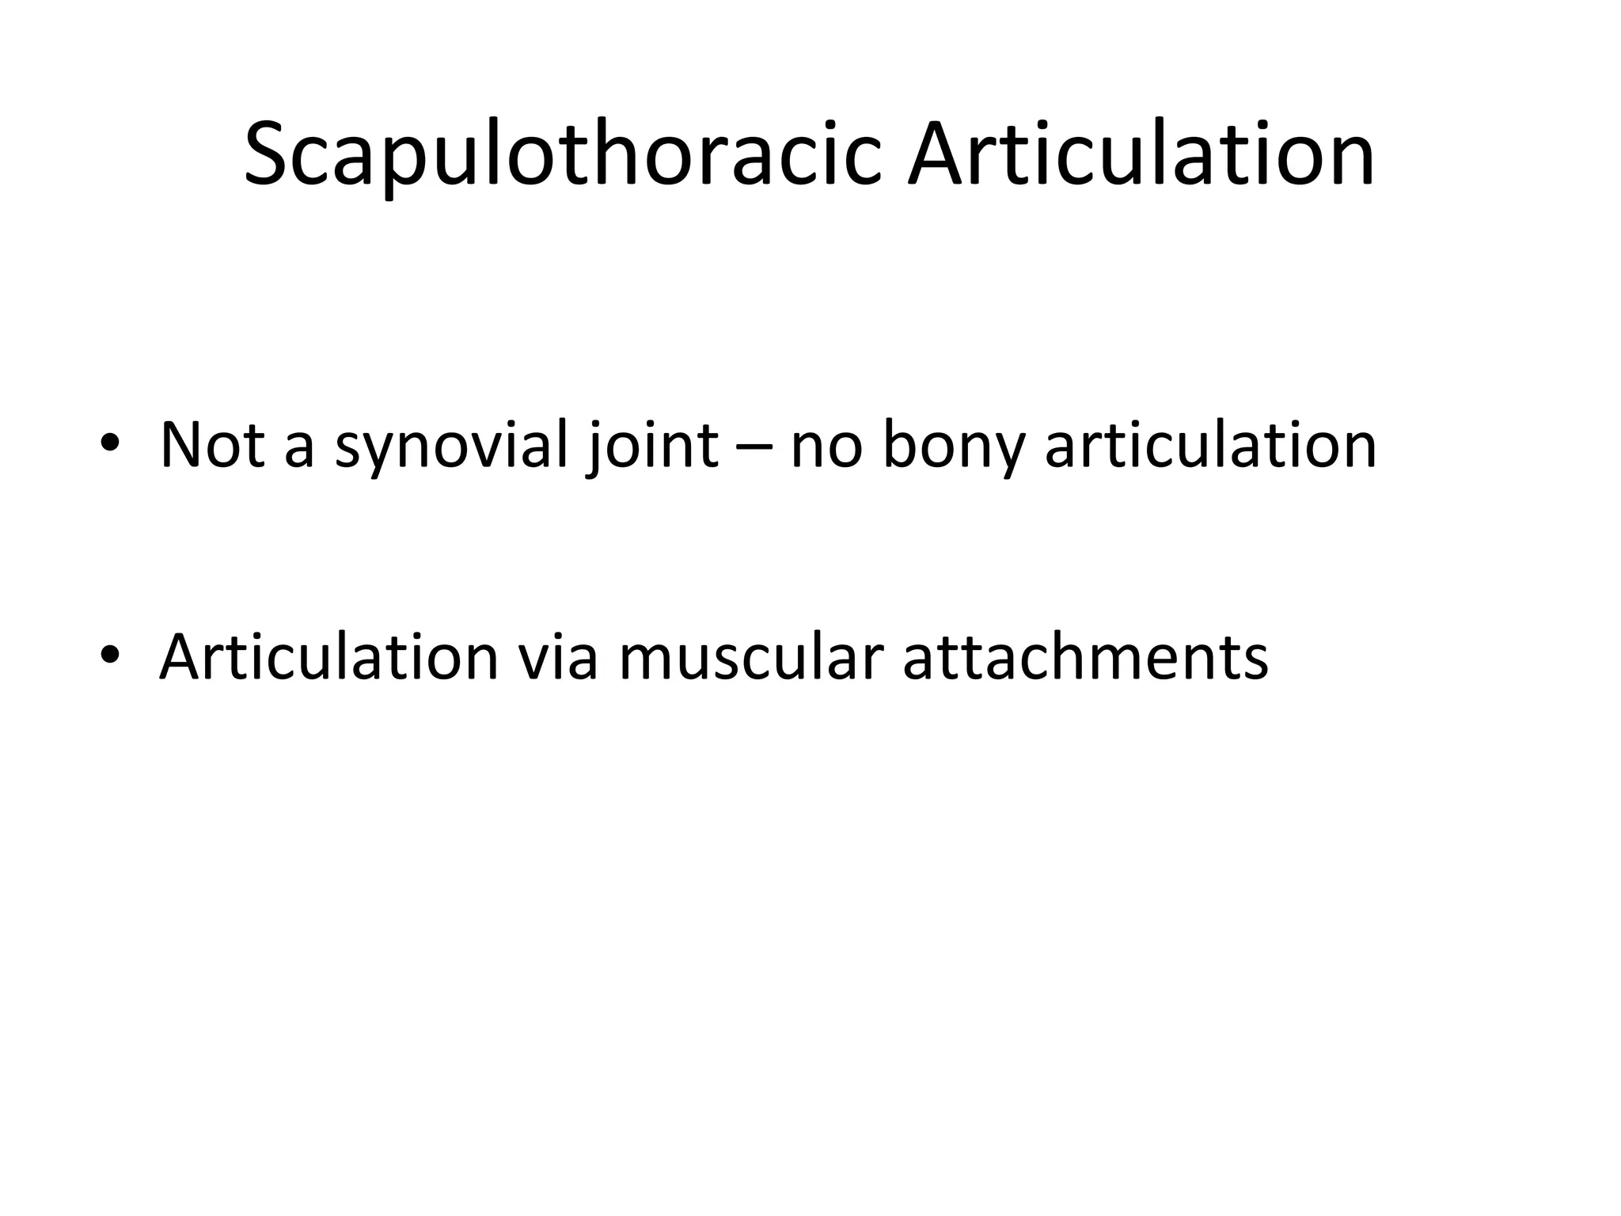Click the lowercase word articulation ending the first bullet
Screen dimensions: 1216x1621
pyautogui.click(x=1211, y=445)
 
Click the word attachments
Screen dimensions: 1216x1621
pyautogui.click(x=1085, y=659)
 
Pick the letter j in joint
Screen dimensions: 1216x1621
pyautogui.click(x=594, y=450)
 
